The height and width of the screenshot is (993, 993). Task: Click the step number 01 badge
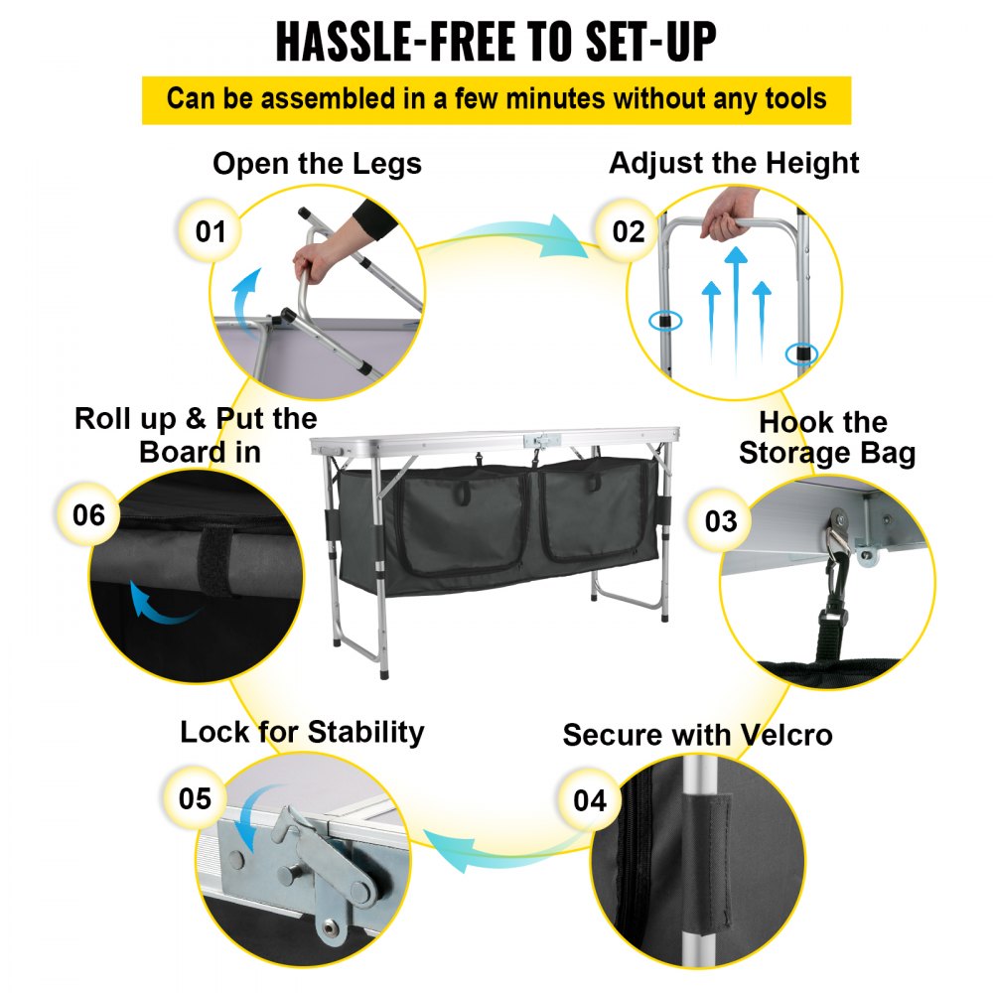(211, 230)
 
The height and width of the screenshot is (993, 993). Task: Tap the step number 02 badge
(628, 230)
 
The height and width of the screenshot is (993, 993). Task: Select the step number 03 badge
(721, 520)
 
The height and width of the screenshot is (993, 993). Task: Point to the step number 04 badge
(590, 799)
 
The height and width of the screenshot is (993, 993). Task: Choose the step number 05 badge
(195, 798)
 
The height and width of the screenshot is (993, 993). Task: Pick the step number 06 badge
(88, 514)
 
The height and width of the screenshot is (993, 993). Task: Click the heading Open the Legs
(317, 164)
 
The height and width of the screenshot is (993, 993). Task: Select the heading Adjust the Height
(734, 164)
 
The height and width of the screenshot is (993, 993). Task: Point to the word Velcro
(785, 735)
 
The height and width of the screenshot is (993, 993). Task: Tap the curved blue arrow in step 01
(245, 296)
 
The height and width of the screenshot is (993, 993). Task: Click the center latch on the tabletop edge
(542, 440)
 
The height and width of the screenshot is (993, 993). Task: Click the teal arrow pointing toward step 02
(506, 236)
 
